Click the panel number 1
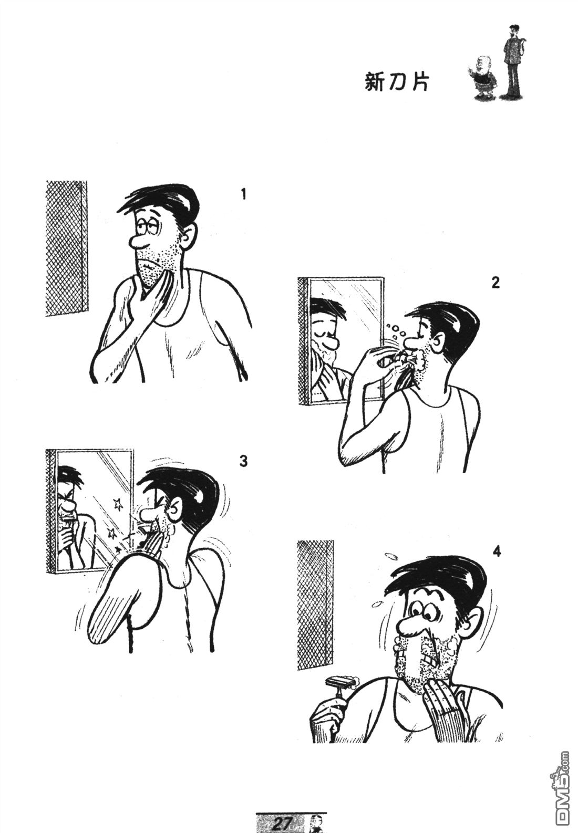click(x=243, y=194)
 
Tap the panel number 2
click(x=495, y=283)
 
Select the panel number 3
click(x=243, y=461)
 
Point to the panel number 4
click(x=497, y=552)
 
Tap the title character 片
click(x=420, y=82)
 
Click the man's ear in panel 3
click(x=176, y=508)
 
